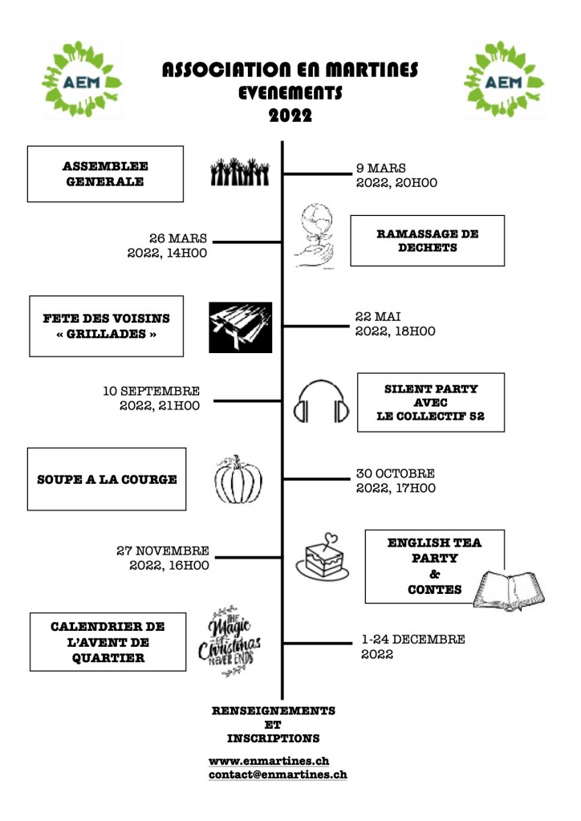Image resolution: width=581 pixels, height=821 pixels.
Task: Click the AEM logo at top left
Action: tap(83, 79)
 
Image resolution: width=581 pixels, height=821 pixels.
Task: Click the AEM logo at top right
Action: tap(504, 79)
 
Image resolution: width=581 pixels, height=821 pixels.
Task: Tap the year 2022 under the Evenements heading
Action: tap(290, 116)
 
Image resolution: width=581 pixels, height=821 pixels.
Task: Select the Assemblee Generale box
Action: tap(105, 173)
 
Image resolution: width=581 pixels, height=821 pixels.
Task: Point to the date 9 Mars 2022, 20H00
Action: tap(396, 176)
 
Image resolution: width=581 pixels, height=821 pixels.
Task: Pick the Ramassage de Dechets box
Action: tap(427, 241)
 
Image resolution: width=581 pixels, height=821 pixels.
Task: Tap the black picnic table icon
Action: tap(240, 327)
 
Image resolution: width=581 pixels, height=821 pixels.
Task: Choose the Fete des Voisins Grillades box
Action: tap(106, 326)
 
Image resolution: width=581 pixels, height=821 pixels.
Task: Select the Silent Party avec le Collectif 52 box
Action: tap(430, 402)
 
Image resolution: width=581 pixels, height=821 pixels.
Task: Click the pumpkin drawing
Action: tap(238, 481)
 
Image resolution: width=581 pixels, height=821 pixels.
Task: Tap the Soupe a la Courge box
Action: tap(107, 480)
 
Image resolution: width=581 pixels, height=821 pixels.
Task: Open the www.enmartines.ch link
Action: tap(268, 761)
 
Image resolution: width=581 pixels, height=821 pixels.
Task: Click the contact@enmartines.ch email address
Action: tap(278, 775)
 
